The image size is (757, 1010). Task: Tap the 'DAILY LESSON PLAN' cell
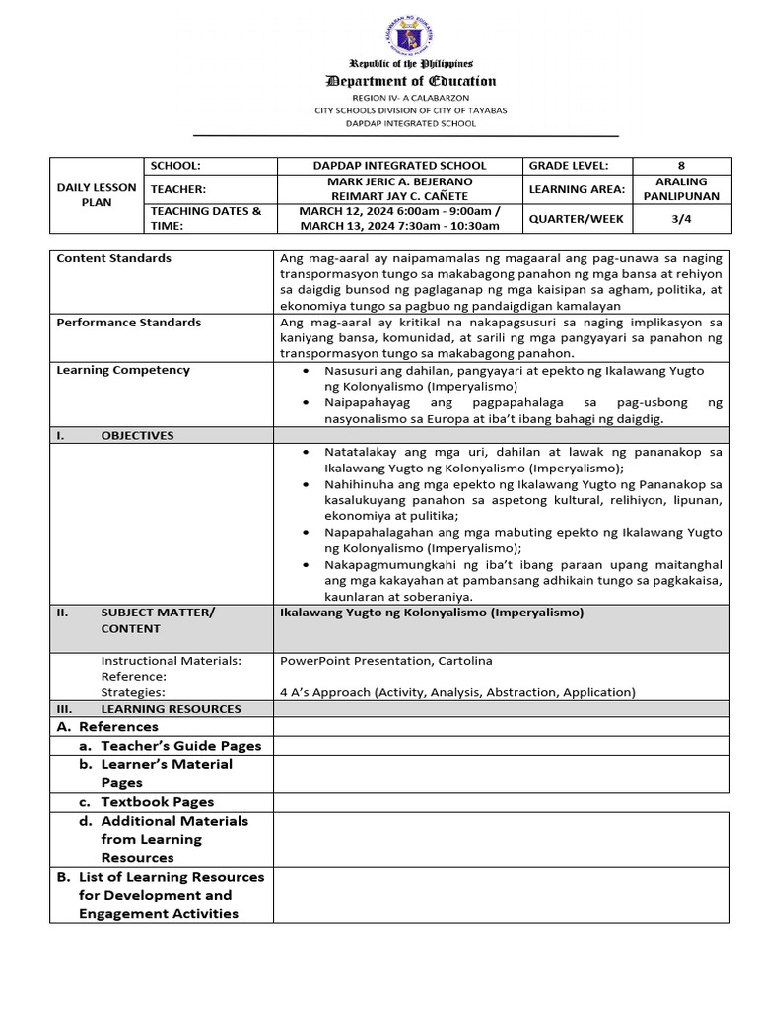click(x=97, y=195)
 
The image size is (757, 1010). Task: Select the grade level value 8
click(x=681, y=166)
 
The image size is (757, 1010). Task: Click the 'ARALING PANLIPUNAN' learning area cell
click(x=681, y=188)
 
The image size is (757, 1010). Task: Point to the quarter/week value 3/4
click(x=681, y=218)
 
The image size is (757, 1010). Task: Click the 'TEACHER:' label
click(x=177, y=188)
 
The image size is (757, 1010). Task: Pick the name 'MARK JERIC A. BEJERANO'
click(x=399, y=181)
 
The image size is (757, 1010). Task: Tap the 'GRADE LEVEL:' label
click(x=569, y=166)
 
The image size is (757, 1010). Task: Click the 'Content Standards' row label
click(x=114, y=258)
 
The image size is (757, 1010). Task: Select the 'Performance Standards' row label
click(x=129, y=323)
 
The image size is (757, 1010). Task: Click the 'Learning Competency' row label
click(x=123, y=370)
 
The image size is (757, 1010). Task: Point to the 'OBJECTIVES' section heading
click(x=137, y=435)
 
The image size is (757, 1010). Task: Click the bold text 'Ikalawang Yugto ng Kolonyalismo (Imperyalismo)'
click(x=432, y=613)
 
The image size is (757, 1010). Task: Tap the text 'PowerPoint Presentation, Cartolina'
click(x=386, y=660)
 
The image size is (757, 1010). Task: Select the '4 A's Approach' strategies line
click(x=457, y=692)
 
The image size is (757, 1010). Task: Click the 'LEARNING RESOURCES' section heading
click(x=171, y=708)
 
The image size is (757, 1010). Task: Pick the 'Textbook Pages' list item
click(x=157, y=802)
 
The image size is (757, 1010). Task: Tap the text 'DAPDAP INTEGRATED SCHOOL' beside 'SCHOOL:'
click(x=399, y=166)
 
